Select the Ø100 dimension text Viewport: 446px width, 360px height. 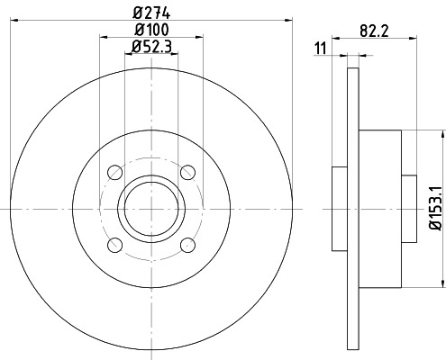pyautogui.click(x=150, y=31)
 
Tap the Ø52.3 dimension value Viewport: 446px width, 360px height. pyautogui.click(x=152, y=47)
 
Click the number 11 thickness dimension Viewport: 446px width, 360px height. pyautogui.click(x=320, y=47)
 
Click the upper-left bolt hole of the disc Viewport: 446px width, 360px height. pyautogui.click(x=114, y=173)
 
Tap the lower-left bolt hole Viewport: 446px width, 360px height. pyautogui.click(x=114, y=246)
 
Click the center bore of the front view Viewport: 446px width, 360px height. pyautogui.click(x=150, y=209)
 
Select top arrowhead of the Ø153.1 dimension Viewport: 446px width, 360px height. pyautogui.click(x=442, y=132)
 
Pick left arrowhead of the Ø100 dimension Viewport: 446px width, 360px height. pyautogui.click(x=100, y=38)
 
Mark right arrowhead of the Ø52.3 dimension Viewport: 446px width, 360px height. pyautogui.click(x=176, y=55)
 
